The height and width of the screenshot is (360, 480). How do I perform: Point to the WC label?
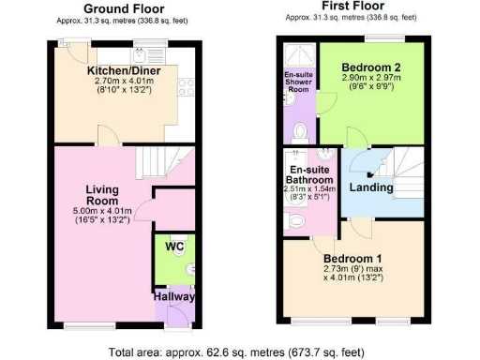point(174,247)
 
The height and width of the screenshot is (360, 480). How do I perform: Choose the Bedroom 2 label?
point(372,67)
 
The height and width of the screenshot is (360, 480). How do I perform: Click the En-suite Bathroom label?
point(309,173)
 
